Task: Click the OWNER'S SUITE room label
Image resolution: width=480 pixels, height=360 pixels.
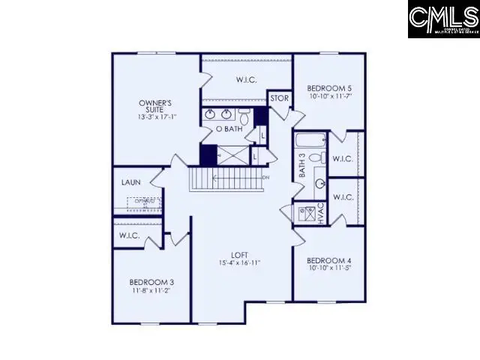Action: pyautogui.click(x=156, y=106)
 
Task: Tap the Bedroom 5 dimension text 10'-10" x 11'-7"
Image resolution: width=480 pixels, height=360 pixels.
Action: pyautogui.click(x=330, y=96)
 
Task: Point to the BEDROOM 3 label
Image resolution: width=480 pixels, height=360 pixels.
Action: pyautogui.click(x=151, y=283)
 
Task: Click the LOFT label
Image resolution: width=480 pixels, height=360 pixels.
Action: pyautogui.click(x=240, y=254)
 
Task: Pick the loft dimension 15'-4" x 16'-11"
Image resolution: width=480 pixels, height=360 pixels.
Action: pyautogui.click(x=240, y=263)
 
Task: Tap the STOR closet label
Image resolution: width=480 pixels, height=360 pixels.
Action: pyautogui.click(x=279, y=98)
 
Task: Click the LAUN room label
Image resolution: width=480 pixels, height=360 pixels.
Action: pyautogui.click(x=131, y=182)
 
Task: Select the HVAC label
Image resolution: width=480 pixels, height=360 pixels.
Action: pyautogui.click(x=319, y=212)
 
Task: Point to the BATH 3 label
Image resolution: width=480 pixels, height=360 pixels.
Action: pyautogui.click(x=302, y=166)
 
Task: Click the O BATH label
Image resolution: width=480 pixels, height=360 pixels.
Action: pyautogui.click(x=229, y=129)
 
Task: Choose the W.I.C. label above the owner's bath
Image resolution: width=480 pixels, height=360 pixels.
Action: pyautogui.click(x=247, y=79)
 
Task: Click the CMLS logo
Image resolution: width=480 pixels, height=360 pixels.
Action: pyautogui.click(x=443, y=19)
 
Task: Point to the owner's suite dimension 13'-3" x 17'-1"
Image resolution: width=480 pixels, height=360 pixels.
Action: pyautogui.click(x=156, y=116)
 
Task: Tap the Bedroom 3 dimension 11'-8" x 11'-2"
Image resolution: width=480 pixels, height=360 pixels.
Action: pyautogui.click(x=151, y=292)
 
